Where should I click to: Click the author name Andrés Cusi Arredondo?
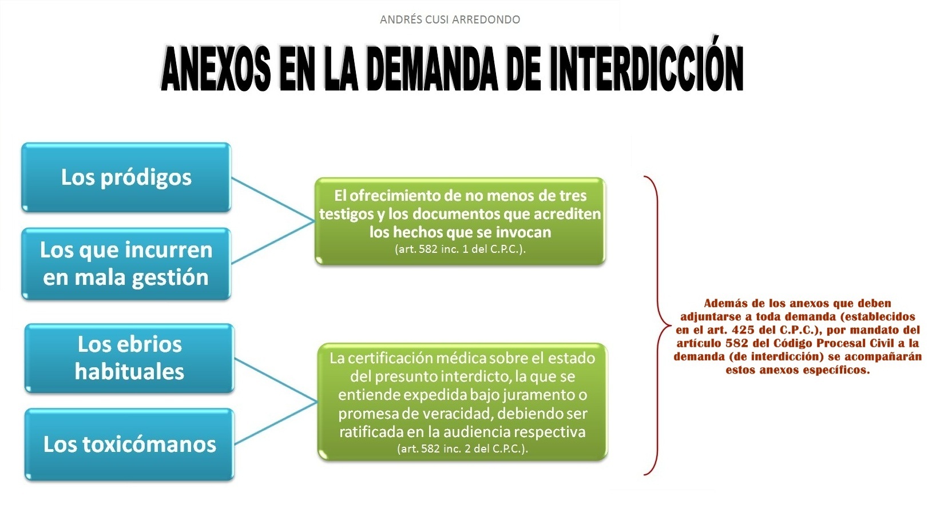tap(450, 19)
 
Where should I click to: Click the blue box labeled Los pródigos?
tap(126, 177)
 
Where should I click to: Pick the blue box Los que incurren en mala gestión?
tap(126, 264)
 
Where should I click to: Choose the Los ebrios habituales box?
tap(129, 358)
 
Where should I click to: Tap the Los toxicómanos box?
tap(129, 444)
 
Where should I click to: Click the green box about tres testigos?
tap(460, 220)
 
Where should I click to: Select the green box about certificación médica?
tap(462, 401)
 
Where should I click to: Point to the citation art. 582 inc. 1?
tap(460, 249)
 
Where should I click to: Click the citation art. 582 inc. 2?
tap(462, 448)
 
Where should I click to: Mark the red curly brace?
tap(655, 326)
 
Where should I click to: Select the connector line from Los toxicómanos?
tap(275, 423)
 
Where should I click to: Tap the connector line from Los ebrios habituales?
tap(275, 380)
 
